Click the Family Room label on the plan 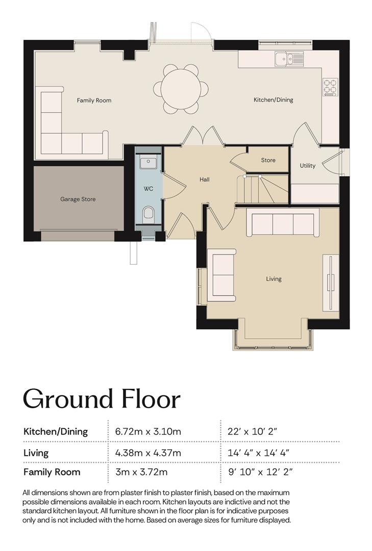[94, 101]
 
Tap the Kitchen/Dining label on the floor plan [273, 100]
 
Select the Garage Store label [78, 199]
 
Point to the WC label [148, 189]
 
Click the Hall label [204, 180]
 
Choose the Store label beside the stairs [268, 160]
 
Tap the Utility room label [307, 166]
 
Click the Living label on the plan [274, 279]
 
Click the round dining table [181, 89]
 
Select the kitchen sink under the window [289, 59]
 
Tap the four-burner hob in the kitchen [330, 87]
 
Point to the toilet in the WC [148, 215]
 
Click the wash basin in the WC [148, 163]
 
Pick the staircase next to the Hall [263, 189]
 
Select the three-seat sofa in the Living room [283, 223]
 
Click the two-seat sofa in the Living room [221, 275]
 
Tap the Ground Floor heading [102, 399]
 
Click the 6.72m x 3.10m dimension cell [148, 431]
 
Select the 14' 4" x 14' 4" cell [258, 453]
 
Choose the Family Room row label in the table [52, 472]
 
